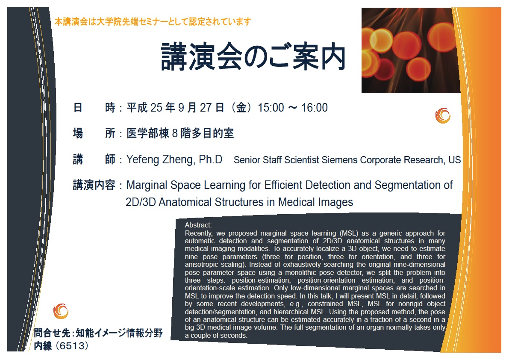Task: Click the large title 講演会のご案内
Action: pyautogui.click(x=253, y=57)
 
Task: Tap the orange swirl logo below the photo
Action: pyautogui.click(x=443, y=115)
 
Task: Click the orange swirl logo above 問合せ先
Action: pyautogui.click(x=61, y=311)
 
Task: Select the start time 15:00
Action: pyautogui.click(x=271, y=107)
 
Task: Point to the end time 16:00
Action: pyautogui.click(x=314, y=107)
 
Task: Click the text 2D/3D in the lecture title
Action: pyautogui.click(x=141, y=202)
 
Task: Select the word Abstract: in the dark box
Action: pyautogui.click(x=198, y=225)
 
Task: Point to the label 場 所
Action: pyautogui.click(x=94, y=133)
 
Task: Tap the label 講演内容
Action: pyautogui.click(x=94, y=185)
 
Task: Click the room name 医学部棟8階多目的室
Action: pyautogui.click(x=180, y=133)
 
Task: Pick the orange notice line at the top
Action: pyautogui.click(x=153, y=22)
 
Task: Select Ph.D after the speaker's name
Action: pyautogui.click(x=210, y=159)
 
